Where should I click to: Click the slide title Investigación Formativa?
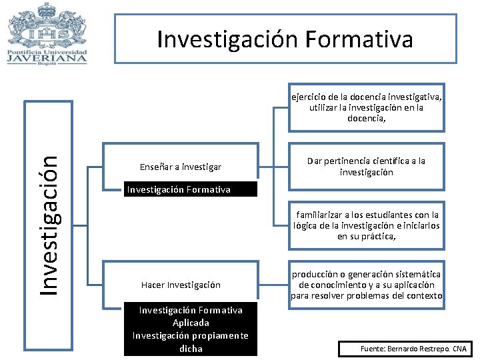[285, 39]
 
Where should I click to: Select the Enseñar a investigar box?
[181, 167]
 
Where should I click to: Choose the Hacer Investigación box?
[181, 285]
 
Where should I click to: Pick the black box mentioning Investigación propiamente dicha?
[191, 329]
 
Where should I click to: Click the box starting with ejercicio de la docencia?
[366, 107]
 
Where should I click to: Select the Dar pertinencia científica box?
[366, 167]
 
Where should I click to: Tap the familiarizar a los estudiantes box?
[366, 225]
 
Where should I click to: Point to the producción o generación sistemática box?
[366, 285]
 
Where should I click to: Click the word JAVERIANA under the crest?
[47, 58]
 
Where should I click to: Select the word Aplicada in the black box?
[191, 323]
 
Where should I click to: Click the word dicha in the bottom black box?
[191, 348]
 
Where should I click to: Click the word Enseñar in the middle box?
[155, 167]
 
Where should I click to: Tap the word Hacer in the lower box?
[153, 285]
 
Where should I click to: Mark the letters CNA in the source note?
[459, 349]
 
